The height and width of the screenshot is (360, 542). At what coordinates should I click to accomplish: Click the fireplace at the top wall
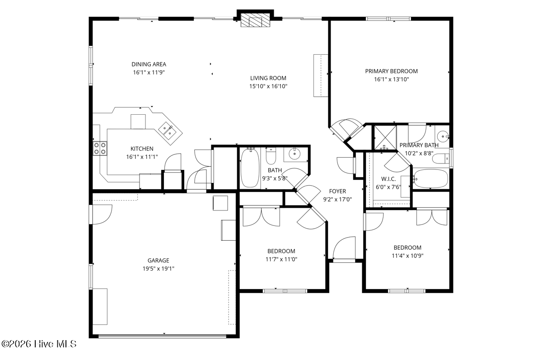tap(255, 20)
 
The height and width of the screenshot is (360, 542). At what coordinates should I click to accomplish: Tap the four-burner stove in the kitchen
tap(100, 148)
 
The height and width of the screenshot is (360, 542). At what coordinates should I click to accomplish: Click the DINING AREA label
tap(149, 64)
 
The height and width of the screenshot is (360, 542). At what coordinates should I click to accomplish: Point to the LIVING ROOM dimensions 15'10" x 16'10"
tap(268, 86)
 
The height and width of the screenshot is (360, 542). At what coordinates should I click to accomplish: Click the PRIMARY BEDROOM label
tap(391, 71)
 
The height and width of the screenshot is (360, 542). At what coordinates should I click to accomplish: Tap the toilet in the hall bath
tap(271, 156)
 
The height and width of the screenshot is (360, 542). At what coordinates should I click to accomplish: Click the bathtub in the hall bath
tap(250, 168)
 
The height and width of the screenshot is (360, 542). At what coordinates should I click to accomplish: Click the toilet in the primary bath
tap(441, 159)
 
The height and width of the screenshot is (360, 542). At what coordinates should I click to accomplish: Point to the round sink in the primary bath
tap(443, 137)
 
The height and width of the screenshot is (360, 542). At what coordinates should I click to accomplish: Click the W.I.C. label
tap(388, 179)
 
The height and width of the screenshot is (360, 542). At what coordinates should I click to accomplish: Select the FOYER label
tap(337, 192)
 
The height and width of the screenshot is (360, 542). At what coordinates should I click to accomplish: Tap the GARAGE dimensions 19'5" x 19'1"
tap(159, 269)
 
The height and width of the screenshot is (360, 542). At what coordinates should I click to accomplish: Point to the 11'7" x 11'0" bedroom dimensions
tap(281, 259)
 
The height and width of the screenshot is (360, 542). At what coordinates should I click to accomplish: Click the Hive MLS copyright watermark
tap(39, 344)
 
